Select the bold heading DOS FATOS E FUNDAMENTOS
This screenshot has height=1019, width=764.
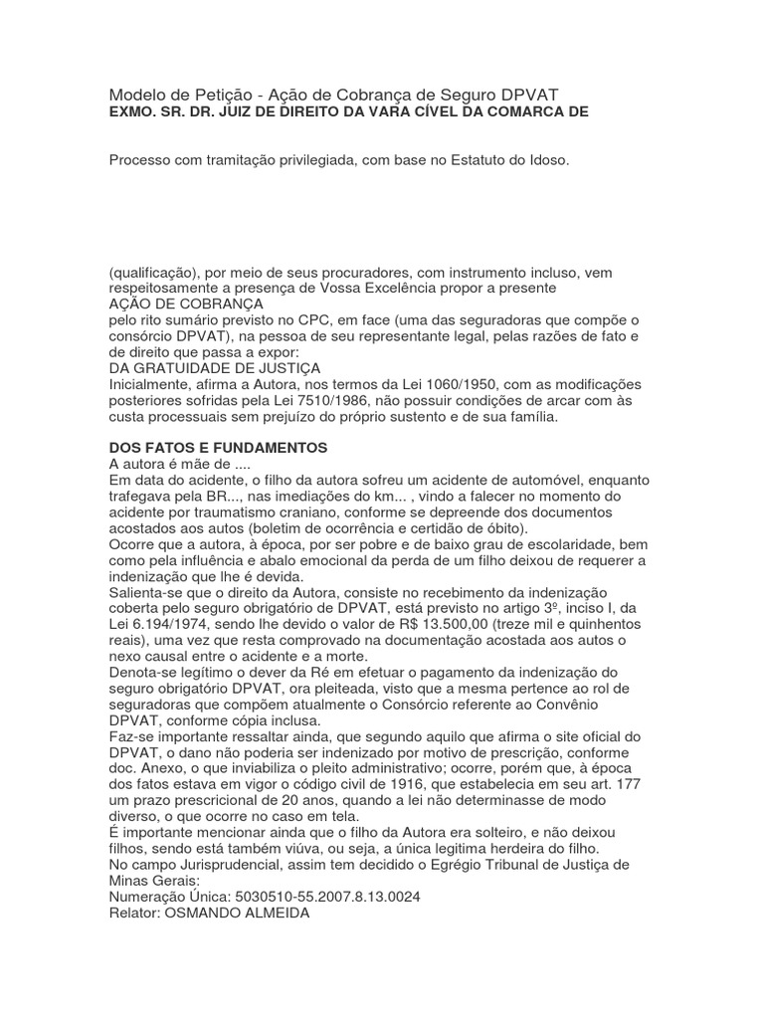point(218,449)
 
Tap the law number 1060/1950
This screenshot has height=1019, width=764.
point(444,385)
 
